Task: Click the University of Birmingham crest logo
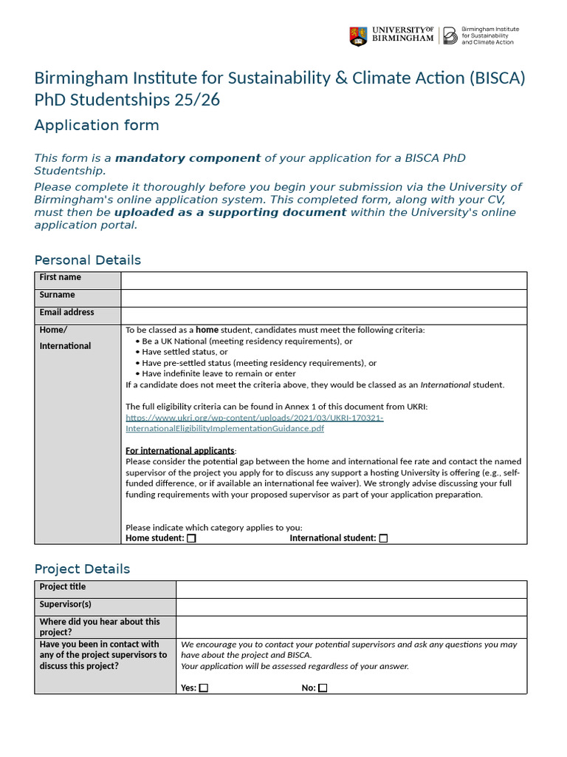coord(358,35)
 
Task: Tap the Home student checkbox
coord(191,538)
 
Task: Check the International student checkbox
coord(383,538)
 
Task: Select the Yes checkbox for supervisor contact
coord(204,688)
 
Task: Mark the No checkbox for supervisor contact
coord(323,688)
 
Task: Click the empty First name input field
coord(323,280)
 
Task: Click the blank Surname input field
coord(323,297)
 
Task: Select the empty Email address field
coord(323,315)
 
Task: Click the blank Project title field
coord(351,588)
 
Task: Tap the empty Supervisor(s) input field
coord(351,606)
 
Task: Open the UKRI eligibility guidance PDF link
coord(255,423)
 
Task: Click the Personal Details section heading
coord(87,259)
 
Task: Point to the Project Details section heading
coord(82,568)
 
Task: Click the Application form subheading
coord(97,125)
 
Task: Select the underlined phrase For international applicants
coord(180,450)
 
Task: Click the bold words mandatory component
coord(188,158)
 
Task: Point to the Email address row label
coord(67,313)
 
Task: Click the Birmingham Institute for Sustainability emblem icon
coord(449,35)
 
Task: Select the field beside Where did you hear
coord(351,627)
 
